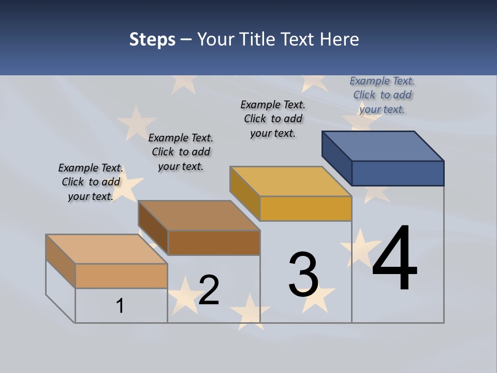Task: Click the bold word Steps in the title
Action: point(152,39)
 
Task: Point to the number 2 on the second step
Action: point(209,290)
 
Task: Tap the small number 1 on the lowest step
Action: point(120,306)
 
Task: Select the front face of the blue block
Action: point(398,173)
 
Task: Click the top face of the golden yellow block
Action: point(290,181)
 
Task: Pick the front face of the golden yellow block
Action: point(305,208)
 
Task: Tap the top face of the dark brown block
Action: point(199,215)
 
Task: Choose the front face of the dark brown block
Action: point(214,242)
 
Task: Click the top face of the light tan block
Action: point(106,249)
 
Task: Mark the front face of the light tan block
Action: point(121,276)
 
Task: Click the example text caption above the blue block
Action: point(382,95)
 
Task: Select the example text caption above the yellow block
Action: point(273,119)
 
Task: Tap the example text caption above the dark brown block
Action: point(181,152)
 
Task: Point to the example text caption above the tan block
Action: point(91,182)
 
